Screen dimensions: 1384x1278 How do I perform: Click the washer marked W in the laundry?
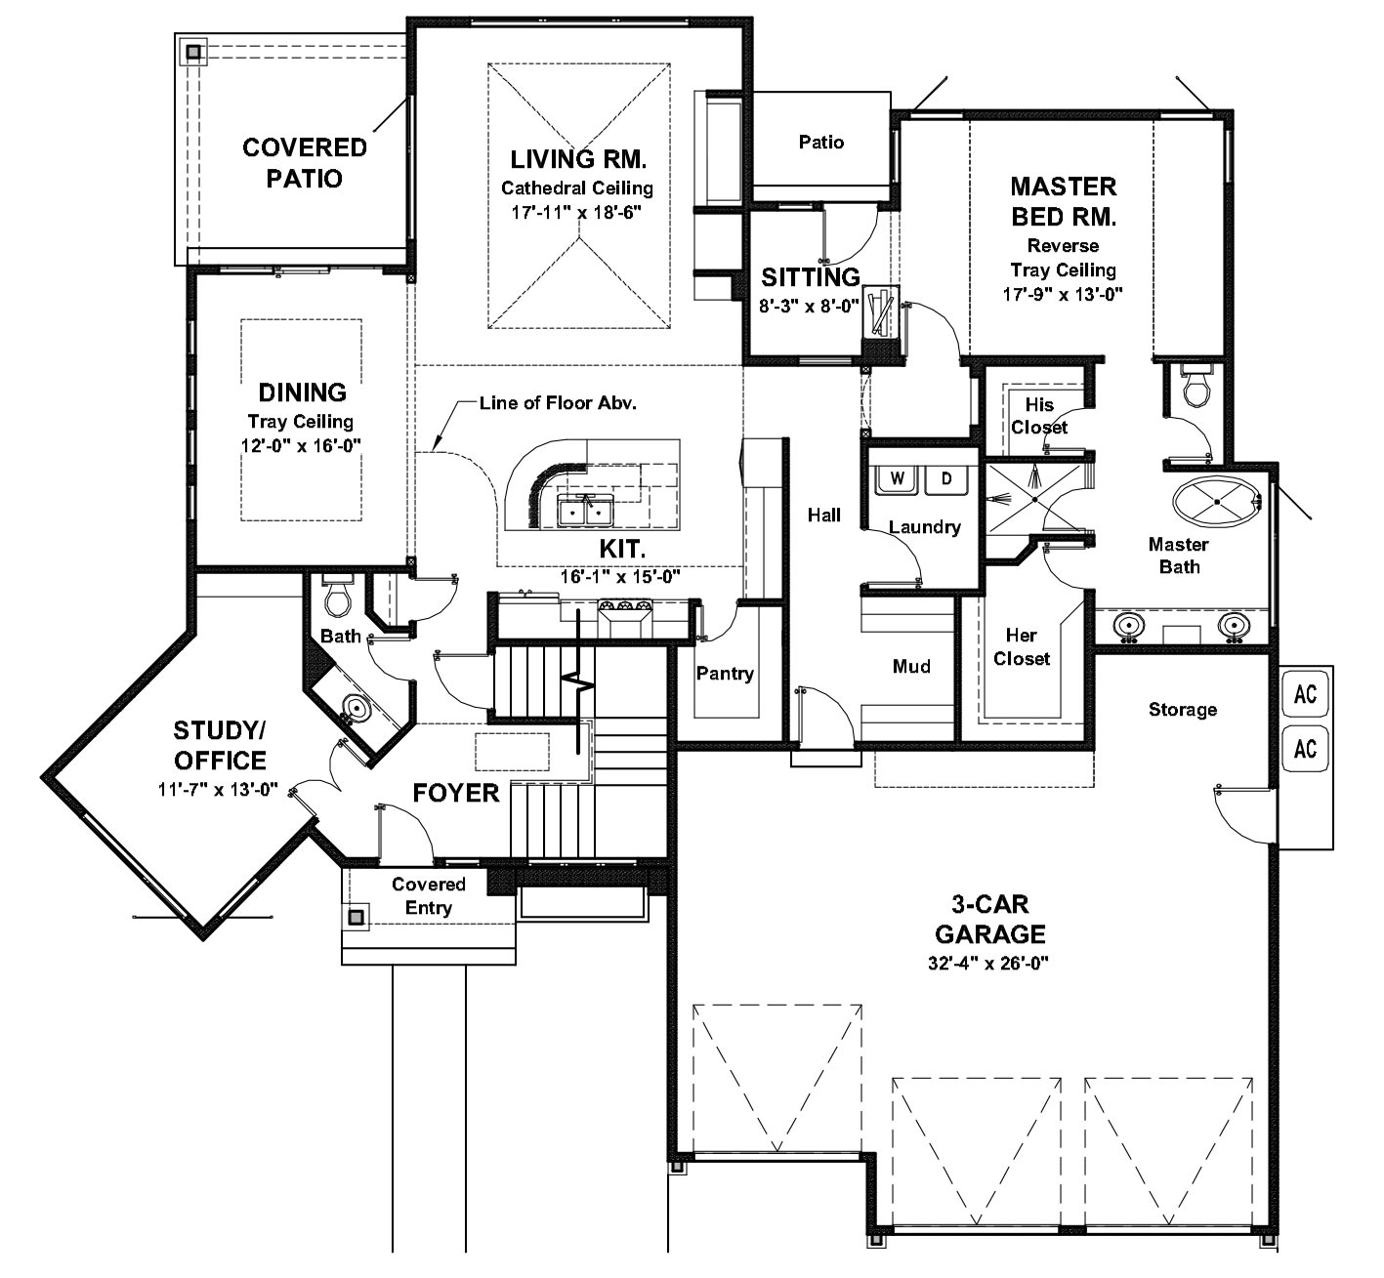[898, 479]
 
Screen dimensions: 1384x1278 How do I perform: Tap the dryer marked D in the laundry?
[946, 479]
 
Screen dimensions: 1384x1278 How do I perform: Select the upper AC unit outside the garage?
[1305, 694]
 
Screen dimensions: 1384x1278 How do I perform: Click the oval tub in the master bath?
[1217, 502]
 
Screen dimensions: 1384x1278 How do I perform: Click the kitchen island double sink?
[585, 512]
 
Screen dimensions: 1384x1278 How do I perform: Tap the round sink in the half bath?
[356, 708]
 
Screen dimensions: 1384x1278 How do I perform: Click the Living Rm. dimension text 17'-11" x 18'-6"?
[577, 213]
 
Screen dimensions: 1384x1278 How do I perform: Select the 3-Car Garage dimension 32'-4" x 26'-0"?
[988, 963]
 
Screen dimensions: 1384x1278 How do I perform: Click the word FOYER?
[456, 793]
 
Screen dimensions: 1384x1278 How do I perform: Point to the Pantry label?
[725, 673]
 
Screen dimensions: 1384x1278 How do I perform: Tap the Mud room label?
[911, 666]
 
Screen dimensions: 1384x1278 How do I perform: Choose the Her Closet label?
[1022, 646]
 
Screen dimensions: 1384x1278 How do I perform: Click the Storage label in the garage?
[1183, 710]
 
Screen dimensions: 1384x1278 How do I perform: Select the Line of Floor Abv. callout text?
[558, 403]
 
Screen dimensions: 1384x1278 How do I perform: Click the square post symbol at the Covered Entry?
[356, 917]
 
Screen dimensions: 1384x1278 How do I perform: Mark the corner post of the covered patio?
[193, 52]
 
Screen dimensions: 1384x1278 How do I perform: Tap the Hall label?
[823, 515]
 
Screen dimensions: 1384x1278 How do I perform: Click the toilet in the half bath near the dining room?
[338, 597]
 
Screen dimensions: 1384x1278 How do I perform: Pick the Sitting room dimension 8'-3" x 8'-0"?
[809, 306]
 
